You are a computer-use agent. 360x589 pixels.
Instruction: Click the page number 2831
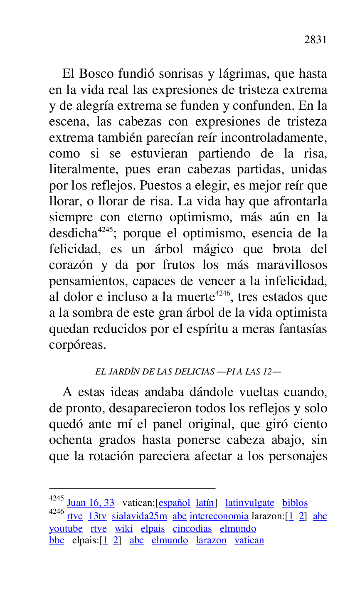pos(316,40)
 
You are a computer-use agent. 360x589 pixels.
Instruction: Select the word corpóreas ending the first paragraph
pos(77,345)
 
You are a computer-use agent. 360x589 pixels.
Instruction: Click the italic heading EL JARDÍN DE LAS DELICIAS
pos(155,372)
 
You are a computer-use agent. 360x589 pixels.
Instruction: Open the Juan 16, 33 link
pos(91,503)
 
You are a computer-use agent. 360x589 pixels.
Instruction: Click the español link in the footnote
pos(175,503)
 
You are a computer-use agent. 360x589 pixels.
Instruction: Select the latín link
pos(205,503)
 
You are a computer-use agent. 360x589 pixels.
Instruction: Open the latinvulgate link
pos(250,503)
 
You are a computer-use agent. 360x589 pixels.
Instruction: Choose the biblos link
pos(295,503)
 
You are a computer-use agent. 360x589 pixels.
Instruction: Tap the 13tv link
pos(97,516)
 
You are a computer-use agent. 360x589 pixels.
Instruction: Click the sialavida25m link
pos(139,516)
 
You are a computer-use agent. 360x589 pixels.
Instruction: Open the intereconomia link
pos(219,516)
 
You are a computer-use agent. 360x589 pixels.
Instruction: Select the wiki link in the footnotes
pos(123,529)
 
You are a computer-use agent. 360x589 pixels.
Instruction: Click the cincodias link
pos(192,529)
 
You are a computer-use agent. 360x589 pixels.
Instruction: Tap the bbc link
pos(57,541)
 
